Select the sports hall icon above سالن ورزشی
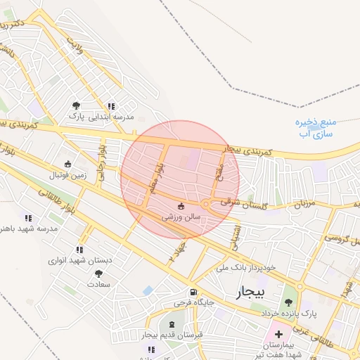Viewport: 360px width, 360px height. click(x=181, y=206)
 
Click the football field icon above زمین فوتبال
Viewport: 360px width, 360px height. click(x=67, y=163)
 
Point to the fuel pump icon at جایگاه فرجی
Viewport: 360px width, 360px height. click(x=192, y=292)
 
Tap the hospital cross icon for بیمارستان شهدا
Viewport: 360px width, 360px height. click(x=278, y=333)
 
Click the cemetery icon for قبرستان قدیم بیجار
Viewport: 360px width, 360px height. click(x=172, y=324)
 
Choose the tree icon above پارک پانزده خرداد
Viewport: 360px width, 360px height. click(x=288, y=302)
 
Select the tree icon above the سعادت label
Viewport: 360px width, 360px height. click(x=98, y=274)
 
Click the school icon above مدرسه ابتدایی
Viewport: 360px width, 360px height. click(x=111, y=106)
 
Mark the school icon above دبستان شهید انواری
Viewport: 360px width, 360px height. click(x=79, y=249)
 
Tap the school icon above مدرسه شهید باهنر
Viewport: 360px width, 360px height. click(x=28, y=218)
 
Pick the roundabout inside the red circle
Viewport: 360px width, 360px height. click(x=206, y=205)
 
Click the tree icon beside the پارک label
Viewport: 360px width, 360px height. click(x=76, y=105)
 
